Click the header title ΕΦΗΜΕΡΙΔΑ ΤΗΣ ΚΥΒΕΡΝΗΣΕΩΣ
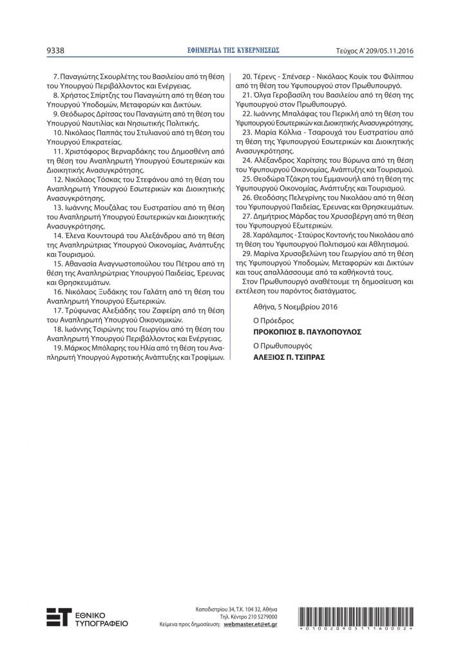tap(233, 49)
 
